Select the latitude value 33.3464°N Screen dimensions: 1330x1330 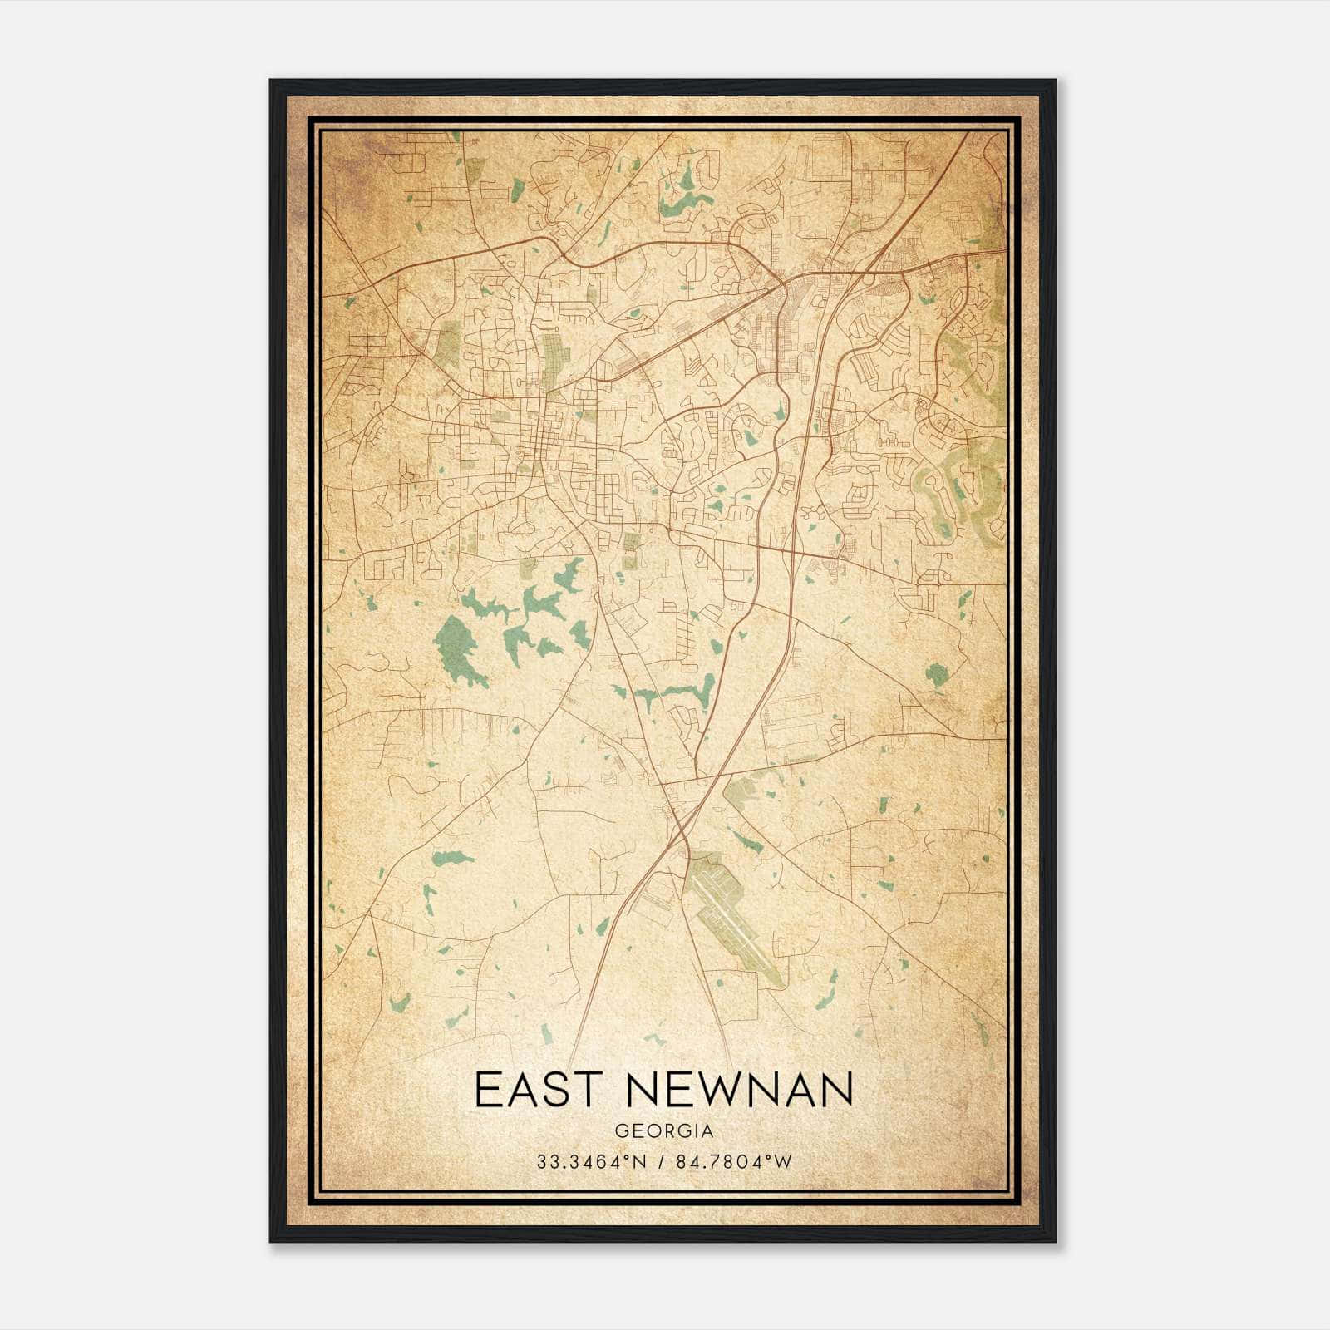pyautogui.click(x=590, y=1161)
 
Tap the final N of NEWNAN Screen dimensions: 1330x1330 pyautogui.click(x=840, y=1090)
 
